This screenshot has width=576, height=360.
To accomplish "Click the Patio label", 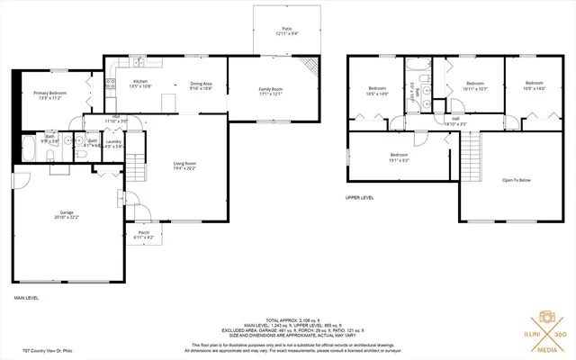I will click(287, 29).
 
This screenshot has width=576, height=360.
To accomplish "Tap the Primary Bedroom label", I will click(50, 93).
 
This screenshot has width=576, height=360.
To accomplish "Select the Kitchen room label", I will click(139, 82).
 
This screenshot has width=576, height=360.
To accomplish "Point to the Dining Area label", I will click(201, 85).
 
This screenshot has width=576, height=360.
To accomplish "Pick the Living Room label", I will click(172, 163).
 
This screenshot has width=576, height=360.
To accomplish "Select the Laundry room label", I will click(113, 141).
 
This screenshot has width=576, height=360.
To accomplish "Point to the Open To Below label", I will click(517, 180).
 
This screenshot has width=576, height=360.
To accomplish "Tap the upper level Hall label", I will click(456, 119).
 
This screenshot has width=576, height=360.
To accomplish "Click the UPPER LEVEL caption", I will click(358, 197).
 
